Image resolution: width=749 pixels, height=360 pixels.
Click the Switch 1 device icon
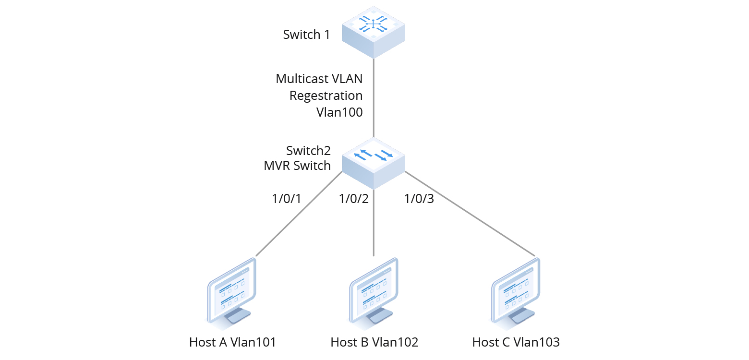pos(374,32)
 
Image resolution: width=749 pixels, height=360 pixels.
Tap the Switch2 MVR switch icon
pos(374,163)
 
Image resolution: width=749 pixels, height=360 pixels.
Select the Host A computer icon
pos(230,293)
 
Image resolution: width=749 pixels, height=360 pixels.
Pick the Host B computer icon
pos(374,293)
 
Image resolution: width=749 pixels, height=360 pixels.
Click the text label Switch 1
pos(306,35)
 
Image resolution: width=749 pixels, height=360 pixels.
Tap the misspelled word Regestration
pos(326,96)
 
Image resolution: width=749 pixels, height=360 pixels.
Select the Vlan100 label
pos(339,112)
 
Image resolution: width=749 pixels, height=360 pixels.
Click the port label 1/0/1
pos(286,199)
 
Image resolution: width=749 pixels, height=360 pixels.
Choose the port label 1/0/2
pos(353,199)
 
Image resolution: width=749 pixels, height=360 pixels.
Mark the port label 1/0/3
pos(419,199)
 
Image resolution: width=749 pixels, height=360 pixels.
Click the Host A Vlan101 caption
pos(232,342)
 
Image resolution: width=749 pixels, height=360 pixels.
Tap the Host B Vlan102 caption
pos(374,342)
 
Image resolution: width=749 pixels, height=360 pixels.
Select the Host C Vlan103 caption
pos(516,342)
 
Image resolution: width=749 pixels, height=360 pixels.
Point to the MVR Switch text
pos(297,166)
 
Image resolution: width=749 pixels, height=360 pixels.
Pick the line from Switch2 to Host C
pos(471,214)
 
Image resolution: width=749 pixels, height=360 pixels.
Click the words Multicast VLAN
pos(319,79)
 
